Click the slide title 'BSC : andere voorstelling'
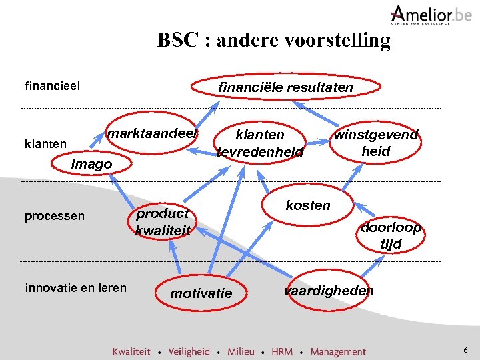pos(273,40)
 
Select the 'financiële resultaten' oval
pos(286,87)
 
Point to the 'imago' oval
pos(92,164)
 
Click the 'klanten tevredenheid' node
pos(260,143)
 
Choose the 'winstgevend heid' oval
pos(376,143)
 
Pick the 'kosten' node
pos(308,205)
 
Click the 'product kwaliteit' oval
pos(163,222)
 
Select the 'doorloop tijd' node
pos(391,235)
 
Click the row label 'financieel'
pos(52,86)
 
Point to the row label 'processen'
pos(55,216)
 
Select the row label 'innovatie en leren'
pos(75,288)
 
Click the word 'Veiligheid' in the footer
pos(189,351)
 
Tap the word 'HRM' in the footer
pos(282,351)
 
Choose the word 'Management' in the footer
pos(338,351)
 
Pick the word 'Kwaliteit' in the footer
pos(131,351)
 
